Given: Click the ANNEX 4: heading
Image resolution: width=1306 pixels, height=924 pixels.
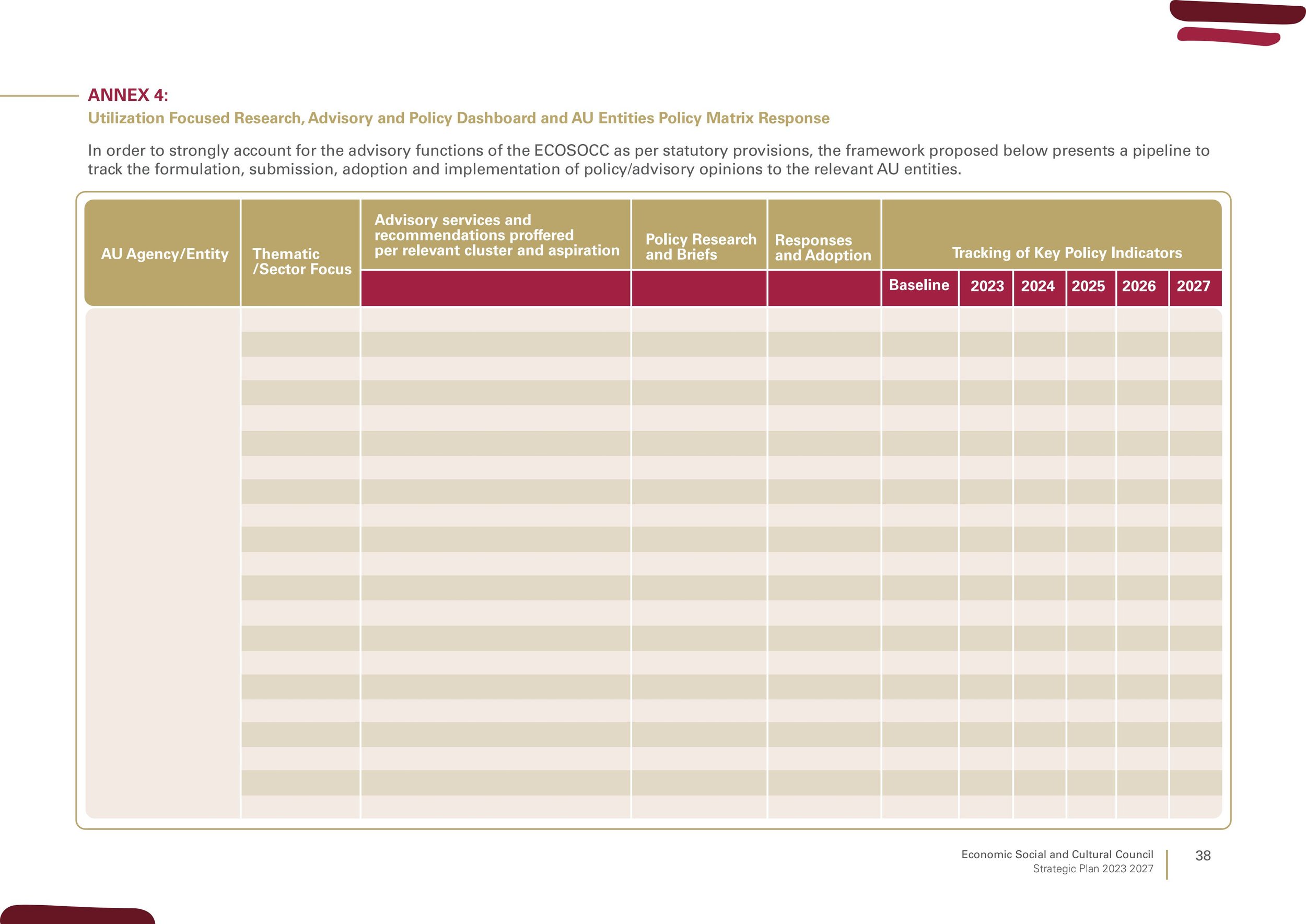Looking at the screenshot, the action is [x=128, y=95].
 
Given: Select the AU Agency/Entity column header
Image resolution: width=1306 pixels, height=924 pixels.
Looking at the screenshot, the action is [x=165, y=254].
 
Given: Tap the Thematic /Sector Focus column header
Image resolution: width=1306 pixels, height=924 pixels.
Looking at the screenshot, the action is [x=302, y=261].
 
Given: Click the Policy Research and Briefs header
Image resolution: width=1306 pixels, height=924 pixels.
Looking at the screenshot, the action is [x=701, y=247].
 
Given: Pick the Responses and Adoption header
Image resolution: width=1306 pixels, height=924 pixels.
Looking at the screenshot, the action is [x=822, y=248].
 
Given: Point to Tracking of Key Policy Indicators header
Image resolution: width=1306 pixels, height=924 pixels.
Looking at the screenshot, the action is [x=1067, y=252].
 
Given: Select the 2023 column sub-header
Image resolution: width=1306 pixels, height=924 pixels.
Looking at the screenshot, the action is [x=987, y=286].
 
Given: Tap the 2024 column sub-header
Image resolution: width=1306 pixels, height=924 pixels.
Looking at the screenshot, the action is [x=1037, y=286].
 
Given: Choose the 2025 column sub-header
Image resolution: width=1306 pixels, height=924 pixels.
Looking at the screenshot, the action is [x=1088, y=286].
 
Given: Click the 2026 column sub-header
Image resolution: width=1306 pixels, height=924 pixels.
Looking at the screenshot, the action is [x=1139, y=286].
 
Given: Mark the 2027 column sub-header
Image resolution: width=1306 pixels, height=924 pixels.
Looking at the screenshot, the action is [x=1193, y=286].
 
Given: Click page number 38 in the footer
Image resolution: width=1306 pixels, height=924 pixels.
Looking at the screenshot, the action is [x=1203, y=856].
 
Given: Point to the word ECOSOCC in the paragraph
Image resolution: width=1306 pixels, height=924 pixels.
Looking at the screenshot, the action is [x=572, y=151].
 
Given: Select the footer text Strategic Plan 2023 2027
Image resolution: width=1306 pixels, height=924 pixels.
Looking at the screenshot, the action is [x=1093, y=869].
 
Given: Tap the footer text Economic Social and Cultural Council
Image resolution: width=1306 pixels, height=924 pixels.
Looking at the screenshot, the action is [x=1057, y=854].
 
